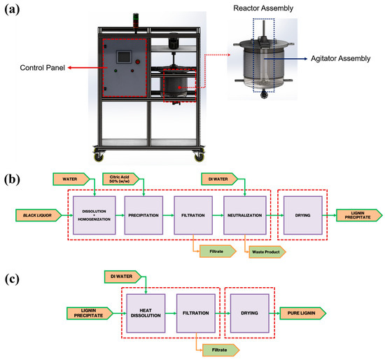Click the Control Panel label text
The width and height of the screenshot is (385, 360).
pyautogui.click(x=42, y=68)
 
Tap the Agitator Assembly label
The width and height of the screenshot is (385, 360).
pyautogui.click(x=341, y=59)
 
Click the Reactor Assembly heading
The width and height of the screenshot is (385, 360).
pyautogui.click(x=263, y=8)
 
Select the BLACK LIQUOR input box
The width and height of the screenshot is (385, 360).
pyautogui.click(x=38, y=215)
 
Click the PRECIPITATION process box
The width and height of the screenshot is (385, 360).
pyautogui.click(x=143, y=215)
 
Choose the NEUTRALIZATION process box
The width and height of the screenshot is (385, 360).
pyautogui.click(x=245, y=215)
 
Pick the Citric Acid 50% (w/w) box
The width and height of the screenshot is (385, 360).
pyautogui.click(x=121, y=179)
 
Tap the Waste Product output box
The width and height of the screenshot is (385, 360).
pyautogui.click(x=267, y=252)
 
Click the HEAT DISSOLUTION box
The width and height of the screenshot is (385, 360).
pyautogui.click(x=146, y=313)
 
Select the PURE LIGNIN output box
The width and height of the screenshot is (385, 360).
pyautogui.click(x=303, y=313)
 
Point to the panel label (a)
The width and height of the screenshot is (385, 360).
pyautogui.click(x=12, y=10)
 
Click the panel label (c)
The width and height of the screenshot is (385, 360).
pyautogui.click(x=12, y=279)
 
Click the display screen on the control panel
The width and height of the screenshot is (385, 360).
pyautogui.click(x=124, y=57)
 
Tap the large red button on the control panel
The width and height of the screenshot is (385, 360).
pyautogui.click(x=138, y=62)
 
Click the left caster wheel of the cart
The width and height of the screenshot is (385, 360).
pyautogui.click(x=99, y=155)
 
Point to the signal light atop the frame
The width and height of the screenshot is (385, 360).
pyautogui.click(x=136, y=20)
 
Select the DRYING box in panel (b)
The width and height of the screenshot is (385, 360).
pyautogui.click(x=302, y=215)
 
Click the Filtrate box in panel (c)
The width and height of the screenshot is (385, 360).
pyautogui.click(x=220, y=350)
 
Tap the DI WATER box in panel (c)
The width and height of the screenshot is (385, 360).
pyautogui.click(x=123, y=277)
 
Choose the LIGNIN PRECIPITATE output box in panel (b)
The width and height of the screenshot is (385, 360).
pyautogui.click(x=359, y=215)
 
